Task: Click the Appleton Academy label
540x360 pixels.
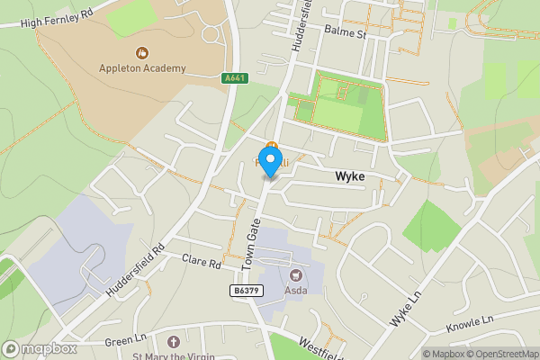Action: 143,67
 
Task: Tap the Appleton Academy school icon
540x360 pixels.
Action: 141,52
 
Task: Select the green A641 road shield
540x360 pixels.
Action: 235,79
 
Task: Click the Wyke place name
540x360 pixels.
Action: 350,176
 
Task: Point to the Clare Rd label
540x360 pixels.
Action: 202,263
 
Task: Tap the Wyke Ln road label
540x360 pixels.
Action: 405,308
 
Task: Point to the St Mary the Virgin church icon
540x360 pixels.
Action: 174,342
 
